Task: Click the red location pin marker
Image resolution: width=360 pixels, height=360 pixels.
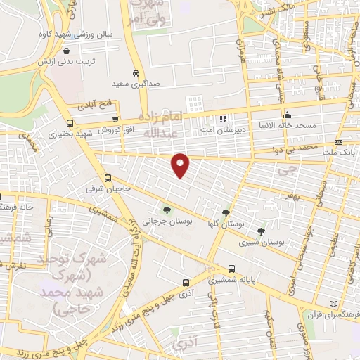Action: point(181,165)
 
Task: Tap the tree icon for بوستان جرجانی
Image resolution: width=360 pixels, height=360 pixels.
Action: point(167,209)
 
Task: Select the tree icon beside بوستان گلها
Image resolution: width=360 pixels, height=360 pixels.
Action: point(226,213)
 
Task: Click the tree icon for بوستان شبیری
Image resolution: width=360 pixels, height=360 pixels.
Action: point(262,231)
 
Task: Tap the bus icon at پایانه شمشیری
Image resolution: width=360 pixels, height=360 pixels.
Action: point(231,268)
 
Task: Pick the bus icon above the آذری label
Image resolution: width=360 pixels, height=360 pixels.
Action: point(186,283)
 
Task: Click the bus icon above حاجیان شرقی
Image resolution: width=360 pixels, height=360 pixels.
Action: point(108,178)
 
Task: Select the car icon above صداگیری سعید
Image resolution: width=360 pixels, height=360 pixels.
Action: point(135,72)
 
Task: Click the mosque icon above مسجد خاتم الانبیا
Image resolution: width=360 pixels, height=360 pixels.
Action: point(286,115)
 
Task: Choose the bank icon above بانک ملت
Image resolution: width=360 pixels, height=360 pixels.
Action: point(339,142)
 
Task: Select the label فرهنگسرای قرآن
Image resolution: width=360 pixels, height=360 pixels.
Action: point(333,308)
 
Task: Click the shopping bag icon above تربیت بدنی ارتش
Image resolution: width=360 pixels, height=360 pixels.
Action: point(67,51)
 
